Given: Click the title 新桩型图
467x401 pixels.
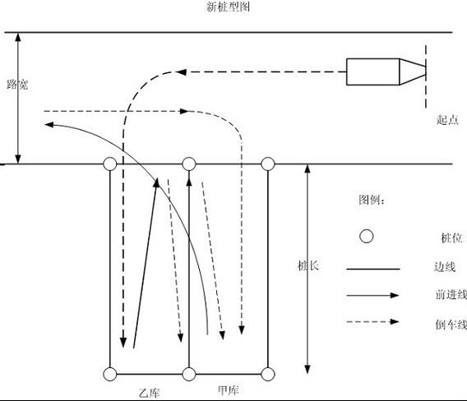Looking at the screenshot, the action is point(228,7).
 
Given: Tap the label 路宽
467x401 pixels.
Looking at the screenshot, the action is point(17,85).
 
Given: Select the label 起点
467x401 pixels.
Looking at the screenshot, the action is point(447,120).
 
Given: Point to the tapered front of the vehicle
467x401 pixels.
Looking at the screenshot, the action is point(413,71).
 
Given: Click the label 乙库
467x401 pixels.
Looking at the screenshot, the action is point(149,393).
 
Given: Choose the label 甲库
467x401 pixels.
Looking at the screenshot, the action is point(229,390).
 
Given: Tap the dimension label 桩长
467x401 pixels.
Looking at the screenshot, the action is point(308,265).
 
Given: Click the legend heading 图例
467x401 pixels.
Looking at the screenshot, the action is point(372,200).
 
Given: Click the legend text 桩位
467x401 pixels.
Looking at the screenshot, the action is point(451,237).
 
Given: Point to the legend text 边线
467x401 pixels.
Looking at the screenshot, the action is point(445,267).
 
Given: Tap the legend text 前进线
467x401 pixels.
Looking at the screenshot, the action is point(451,294).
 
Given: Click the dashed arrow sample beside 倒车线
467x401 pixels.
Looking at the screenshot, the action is point(372,321).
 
